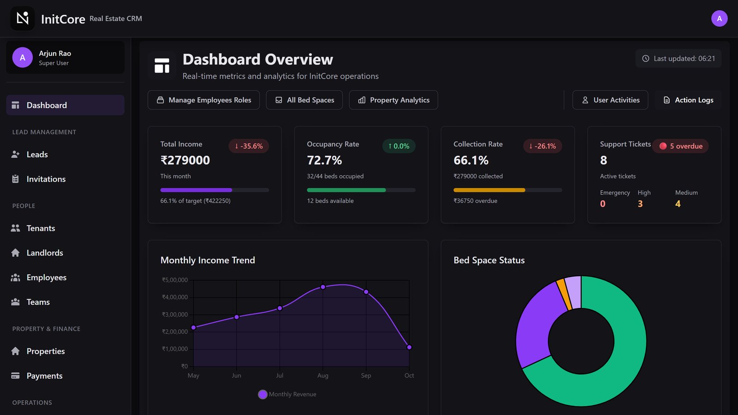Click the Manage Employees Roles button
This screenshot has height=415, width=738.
click(x=203, y=100)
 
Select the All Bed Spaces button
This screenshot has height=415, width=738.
click(x=304, y=100)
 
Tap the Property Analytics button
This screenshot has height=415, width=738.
click(x=393, y=100)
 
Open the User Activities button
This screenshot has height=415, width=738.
click(x=610, y=100)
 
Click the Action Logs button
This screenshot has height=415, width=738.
click(x=688, y=100)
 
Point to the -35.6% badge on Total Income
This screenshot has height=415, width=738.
click(x=249, y=146)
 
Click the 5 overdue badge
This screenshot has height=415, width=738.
click(x=681, y=146)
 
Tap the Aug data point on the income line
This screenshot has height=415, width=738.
click(x=323, y=287)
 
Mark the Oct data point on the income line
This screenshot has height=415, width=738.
click(x=409, y=347)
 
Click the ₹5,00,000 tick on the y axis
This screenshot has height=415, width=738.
click(x=175, y=280)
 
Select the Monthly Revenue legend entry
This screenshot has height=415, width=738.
click(x=287, y=394)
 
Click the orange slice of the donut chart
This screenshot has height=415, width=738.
click(x=564, y=295)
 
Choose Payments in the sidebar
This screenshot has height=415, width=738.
click(x=44, y=375)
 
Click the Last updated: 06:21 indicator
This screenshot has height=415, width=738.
click(x=678, y=58)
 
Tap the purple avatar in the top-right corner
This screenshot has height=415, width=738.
click(x=719, y=18)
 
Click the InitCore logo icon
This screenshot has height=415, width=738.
click(x=23, y=18)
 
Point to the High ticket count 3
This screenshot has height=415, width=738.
click(x=640, y=204)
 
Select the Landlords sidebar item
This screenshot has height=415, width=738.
click(x=44, y=253)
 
